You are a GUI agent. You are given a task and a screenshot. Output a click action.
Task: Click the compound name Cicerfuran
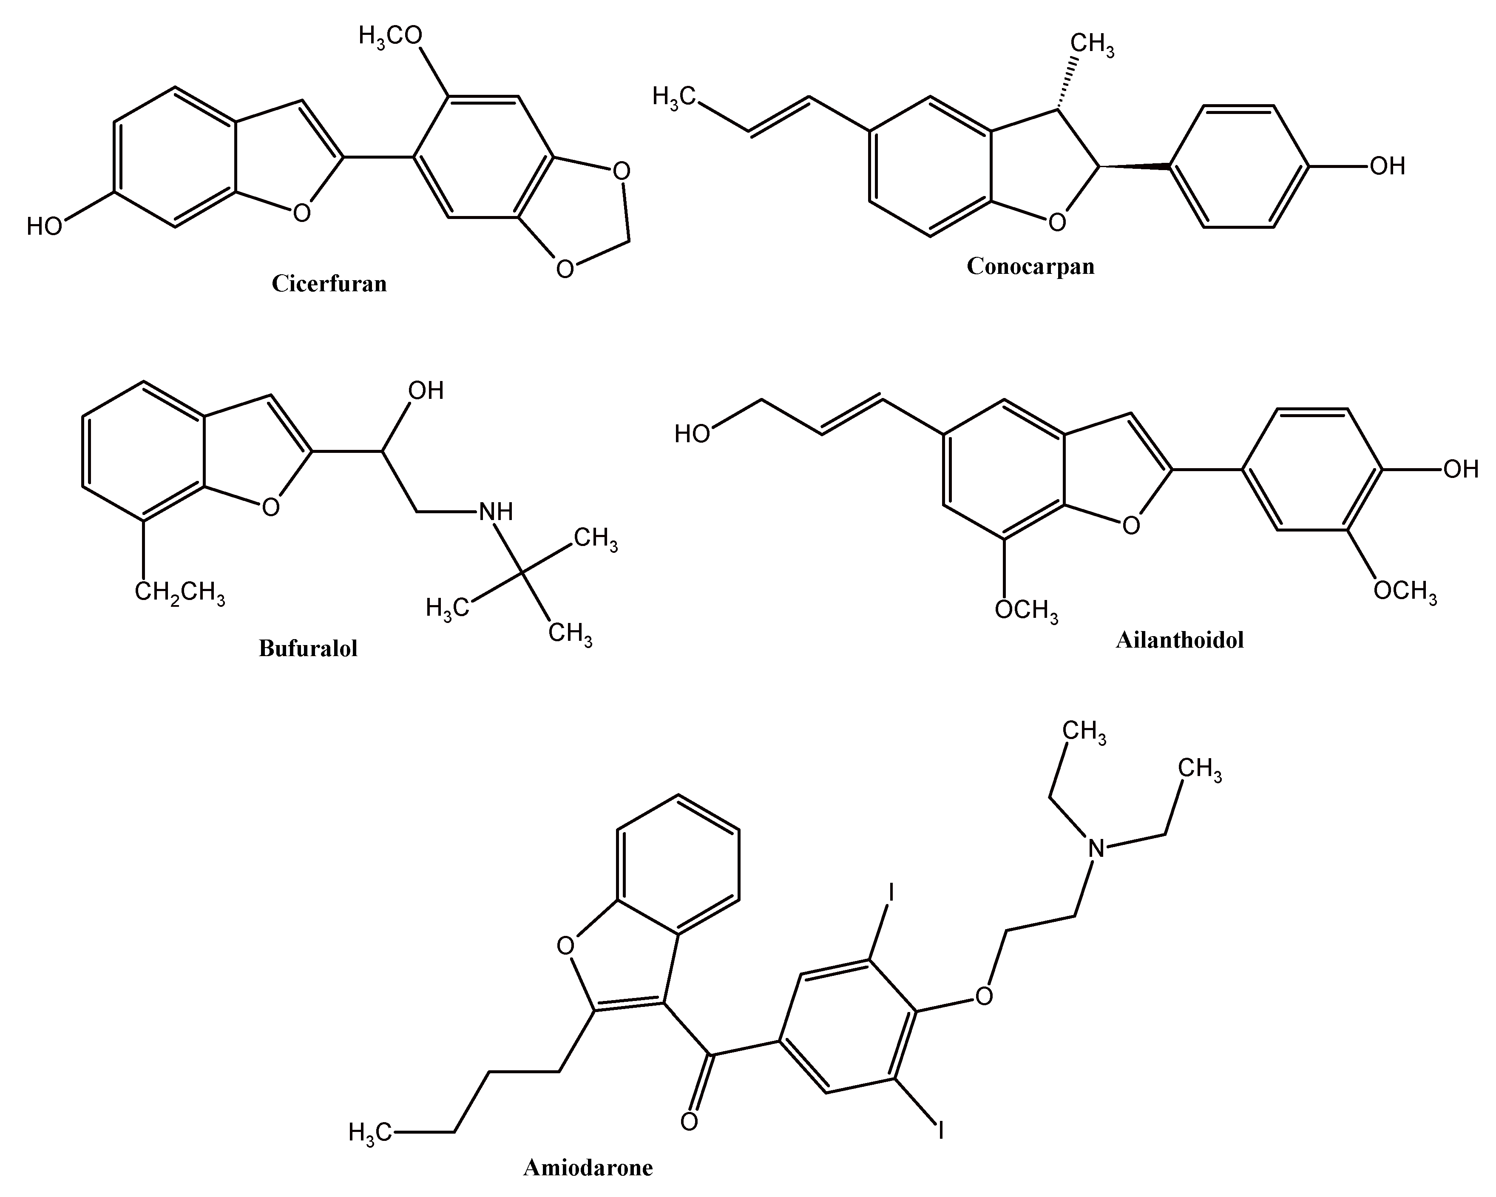click(x=329, y=284)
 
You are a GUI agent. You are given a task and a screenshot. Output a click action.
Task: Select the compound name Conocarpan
click(x=1030, y=267)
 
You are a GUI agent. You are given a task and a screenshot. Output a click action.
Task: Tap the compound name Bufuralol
click(x=308, y=648)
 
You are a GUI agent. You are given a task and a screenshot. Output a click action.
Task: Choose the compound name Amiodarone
click(x=588, y=1168)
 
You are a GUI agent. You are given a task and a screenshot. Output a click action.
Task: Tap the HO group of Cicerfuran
click(x=44, y=226)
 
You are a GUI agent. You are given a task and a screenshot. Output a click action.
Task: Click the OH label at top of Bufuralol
click(x=426, y=391)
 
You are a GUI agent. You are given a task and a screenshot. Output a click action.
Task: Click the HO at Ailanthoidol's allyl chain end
click(x=692, y=435)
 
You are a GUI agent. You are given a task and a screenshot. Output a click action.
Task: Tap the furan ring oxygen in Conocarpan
click(x=1057, y=223)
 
